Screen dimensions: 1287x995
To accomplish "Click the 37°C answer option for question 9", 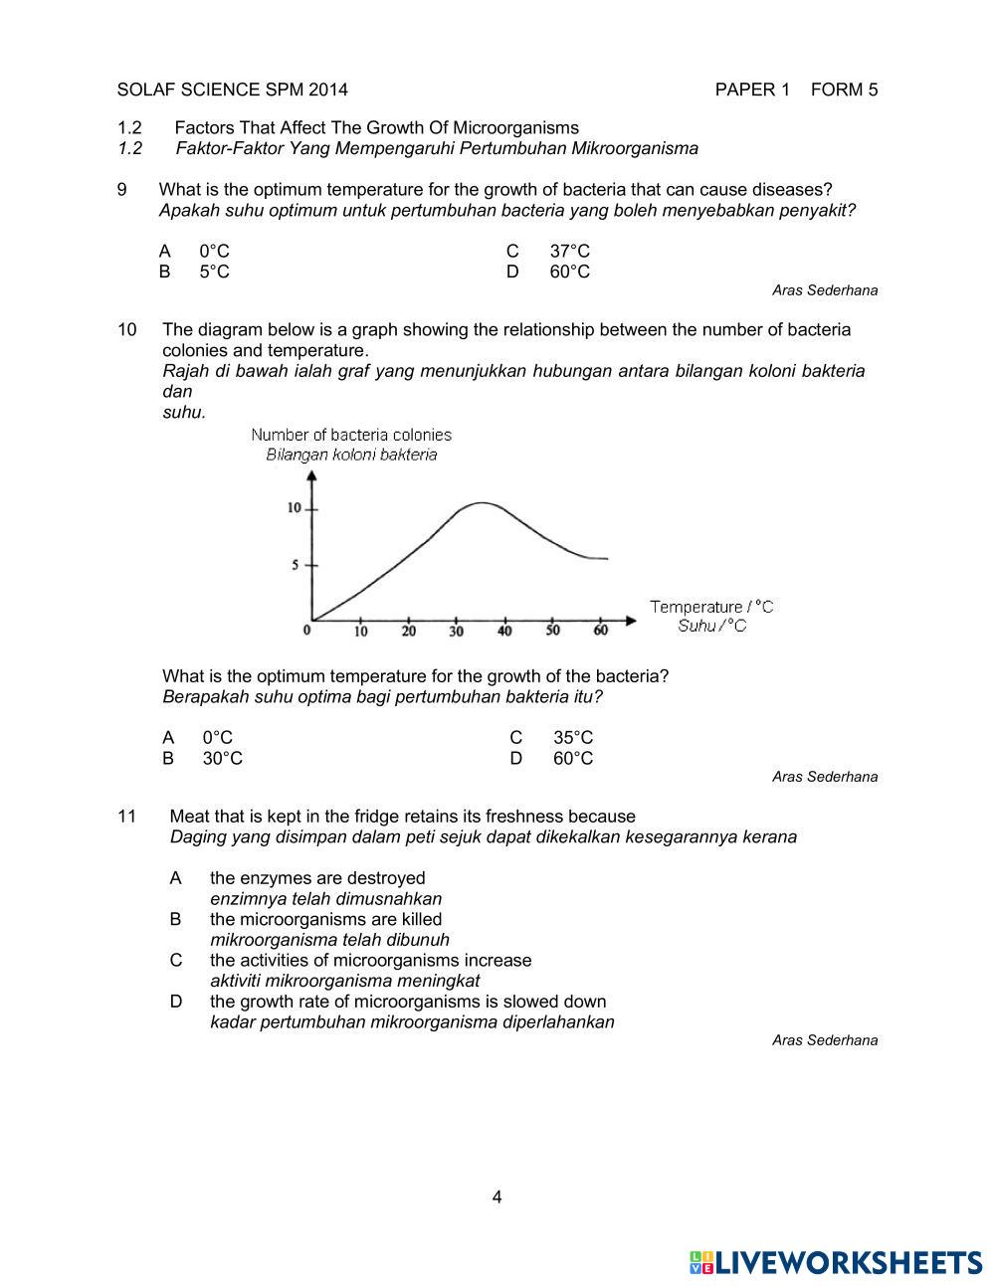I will tap(569, 252).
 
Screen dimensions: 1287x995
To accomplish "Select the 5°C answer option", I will tap(214, 272).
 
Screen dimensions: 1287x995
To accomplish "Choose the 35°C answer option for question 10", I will tap(572, 737).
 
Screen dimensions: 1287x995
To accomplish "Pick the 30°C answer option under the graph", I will tap(222, 758).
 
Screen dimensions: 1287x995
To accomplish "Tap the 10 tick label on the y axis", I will tap(295, 508).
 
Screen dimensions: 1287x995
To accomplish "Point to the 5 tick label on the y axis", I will tap(296, 565).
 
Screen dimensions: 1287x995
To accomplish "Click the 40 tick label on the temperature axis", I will tap(504, 631).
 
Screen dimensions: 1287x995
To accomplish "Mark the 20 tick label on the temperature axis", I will tap(409, 631).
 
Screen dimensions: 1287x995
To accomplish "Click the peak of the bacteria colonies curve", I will tap(482, 503).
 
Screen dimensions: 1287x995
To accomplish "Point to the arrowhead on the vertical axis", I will tap(313, 474).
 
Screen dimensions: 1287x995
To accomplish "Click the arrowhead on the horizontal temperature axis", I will tap(630, 621).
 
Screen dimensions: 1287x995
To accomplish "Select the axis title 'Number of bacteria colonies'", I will tap(351, 435).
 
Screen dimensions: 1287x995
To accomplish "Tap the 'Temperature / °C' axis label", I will tap(711, 606).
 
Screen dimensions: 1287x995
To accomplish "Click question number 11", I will tap(126, 817).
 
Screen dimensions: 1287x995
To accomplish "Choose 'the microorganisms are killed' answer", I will tap(325, 919).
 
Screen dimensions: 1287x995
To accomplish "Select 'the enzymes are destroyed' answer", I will tap(317, 878).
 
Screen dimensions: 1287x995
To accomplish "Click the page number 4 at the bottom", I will tap(497, 1196).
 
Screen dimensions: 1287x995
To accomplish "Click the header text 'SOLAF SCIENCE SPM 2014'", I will tap(233, 90).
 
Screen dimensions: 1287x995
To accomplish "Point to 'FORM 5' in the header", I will tap(845, 90).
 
